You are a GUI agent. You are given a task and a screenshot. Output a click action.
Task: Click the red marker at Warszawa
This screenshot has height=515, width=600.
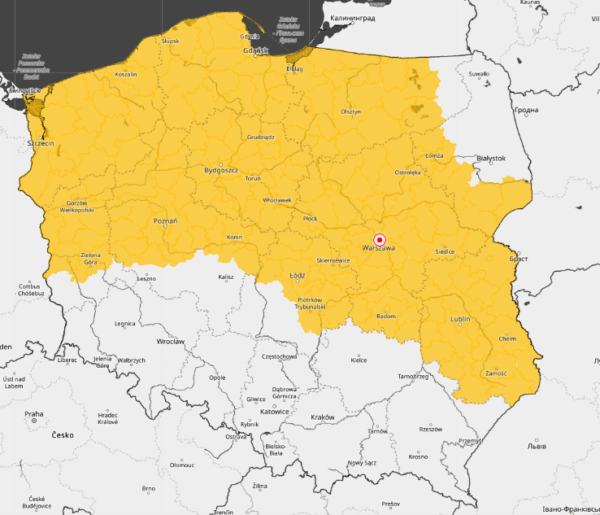point(379,239)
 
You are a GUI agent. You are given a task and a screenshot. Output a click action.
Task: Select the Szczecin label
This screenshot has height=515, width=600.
point(41,143)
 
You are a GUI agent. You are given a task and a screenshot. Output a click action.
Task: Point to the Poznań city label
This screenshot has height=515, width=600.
point(165,220)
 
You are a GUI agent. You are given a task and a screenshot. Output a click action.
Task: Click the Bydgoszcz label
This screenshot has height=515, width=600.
point(220,171)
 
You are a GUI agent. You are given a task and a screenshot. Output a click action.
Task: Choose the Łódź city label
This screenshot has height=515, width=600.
point(298,276)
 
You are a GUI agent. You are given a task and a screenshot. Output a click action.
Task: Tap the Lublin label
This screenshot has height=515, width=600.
point(460,319)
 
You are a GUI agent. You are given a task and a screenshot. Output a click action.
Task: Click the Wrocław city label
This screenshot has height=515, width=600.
point(171,342)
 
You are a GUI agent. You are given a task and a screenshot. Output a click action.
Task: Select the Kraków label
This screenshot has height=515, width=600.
point(323,417)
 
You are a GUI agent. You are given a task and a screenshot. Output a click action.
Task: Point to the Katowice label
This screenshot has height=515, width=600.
point(276,412)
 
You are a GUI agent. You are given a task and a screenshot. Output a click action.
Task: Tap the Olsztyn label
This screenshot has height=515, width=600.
point(350,111)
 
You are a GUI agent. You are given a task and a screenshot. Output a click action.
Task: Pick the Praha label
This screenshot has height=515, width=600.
point(33,414)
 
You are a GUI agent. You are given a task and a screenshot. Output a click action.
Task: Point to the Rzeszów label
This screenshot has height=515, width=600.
point(430,429)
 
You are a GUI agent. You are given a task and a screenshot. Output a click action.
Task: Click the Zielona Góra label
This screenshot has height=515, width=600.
point(90,259)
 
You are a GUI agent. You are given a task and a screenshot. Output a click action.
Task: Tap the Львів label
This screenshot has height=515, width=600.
point(537,447)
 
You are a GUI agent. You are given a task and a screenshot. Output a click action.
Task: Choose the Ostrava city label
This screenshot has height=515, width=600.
point(236,437)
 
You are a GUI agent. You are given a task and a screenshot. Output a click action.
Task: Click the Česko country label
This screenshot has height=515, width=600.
point(62,435)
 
